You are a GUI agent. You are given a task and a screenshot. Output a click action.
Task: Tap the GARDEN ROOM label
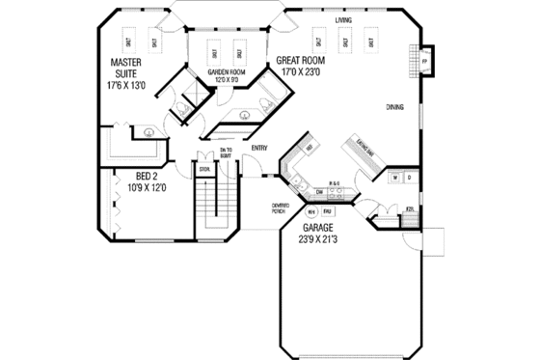tap(225, 72)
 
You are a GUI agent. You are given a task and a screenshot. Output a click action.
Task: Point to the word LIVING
tap(343, 19)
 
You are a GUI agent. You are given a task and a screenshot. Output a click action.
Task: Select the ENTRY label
tap(258, 148)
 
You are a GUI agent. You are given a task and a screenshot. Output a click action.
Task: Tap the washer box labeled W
tap(395, 179)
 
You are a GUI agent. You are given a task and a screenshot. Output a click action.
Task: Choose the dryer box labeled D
tap(409, 179)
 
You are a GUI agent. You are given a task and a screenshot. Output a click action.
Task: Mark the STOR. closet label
tap(203, 170)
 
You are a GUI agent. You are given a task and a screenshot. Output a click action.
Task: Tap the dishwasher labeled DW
tap(319, 191)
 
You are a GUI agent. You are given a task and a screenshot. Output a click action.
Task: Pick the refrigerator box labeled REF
tap(309, 148)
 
